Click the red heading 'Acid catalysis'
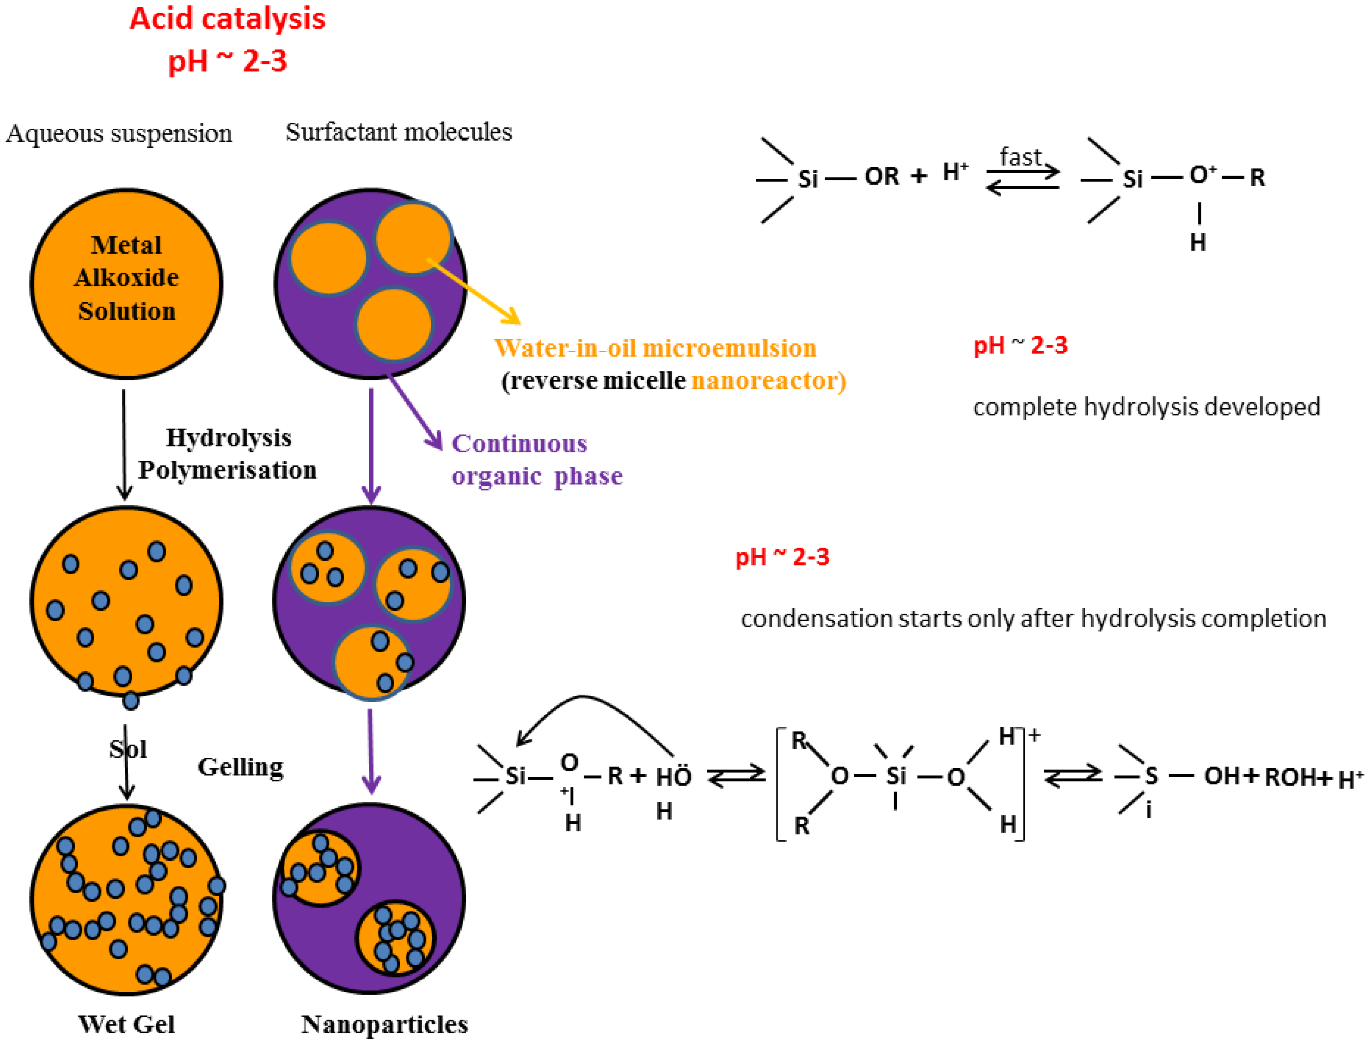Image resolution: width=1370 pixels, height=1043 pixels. [227, 19]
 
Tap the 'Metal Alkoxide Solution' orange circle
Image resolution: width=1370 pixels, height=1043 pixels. [127, 283]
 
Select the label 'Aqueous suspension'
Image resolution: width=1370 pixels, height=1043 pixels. [119, 133]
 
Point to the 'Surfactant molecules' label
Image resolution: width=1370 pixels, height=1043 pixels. [399, 132]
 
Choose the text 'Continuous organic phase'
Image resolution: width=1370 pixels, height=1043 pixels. [536, 460]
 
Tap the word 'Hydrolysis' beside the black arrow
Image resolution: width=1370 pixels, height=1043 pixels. [228, 438]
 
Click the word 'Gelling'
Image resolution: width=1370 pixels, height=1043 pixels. [240, 767]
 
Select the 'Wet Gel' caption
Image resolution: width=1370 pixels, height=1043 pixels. [127, 1024]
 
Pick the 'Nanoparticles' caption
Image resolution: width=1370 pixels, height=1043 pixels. [385, 1024]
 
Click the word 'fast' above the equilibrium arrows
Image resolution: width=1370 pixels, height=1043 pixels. [1020, 157]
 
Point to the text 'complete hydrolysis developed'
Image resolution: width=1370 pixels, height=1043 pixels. [1146, 407]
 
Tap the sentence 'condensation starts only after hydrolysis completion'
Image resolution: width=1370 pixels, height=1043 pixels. [1033, 619]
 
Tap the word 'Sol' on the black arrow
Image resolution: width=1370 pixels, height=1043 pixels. [128, 749]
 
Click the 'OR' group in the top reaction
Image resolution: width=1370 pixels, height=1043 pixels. [881, 177]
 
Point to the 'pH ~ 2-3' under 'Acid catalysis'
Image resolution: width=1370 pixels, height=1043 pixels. [227, 61]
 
